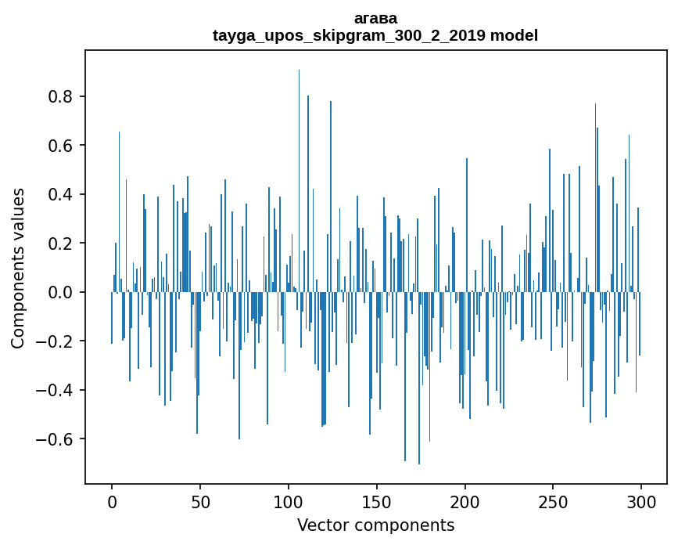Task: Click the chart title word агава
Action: click(x=375, y=18)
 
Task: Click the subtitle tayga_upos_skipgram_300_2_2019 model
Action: click(x=375, y=35)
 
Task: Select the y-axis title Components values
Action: click(x=18, y=268)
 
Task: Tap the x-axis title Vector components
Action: click(x=375, y=525)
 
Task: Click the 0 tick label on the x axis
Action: click(x=112, y=500)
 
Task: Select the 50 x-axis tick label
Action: click(x=200, y=500)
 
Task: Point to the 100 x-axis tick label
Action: click(x=289, y=500)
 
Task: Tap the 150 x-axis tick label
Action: click(x=377, y=500)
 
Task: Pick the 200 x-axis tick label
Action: click(x=465, y=500)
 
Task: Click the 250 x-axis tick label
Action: click(x=554, y=500)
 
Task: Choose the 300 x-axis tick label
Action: click(x=642, y=500)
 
